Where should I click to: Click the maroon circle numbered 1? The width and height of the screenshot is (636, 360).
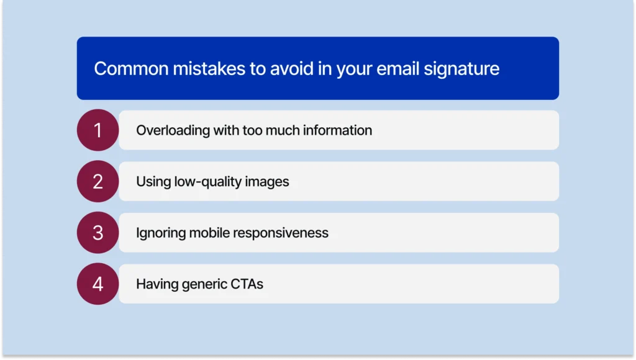98,130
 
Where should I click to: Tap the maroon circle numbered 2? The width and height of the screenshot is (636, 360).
98,181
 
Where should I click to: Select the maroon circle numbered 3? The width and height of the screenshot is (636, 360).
98,233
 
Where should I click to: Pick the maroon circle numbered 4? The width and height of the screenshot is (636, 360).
98,284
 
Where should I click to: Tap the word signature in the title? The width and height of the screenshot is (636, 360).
462,68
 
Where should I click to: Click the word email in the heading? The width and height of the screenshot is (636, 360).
394,68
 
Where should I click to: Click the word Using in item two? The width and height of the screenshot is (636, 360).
152,182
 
